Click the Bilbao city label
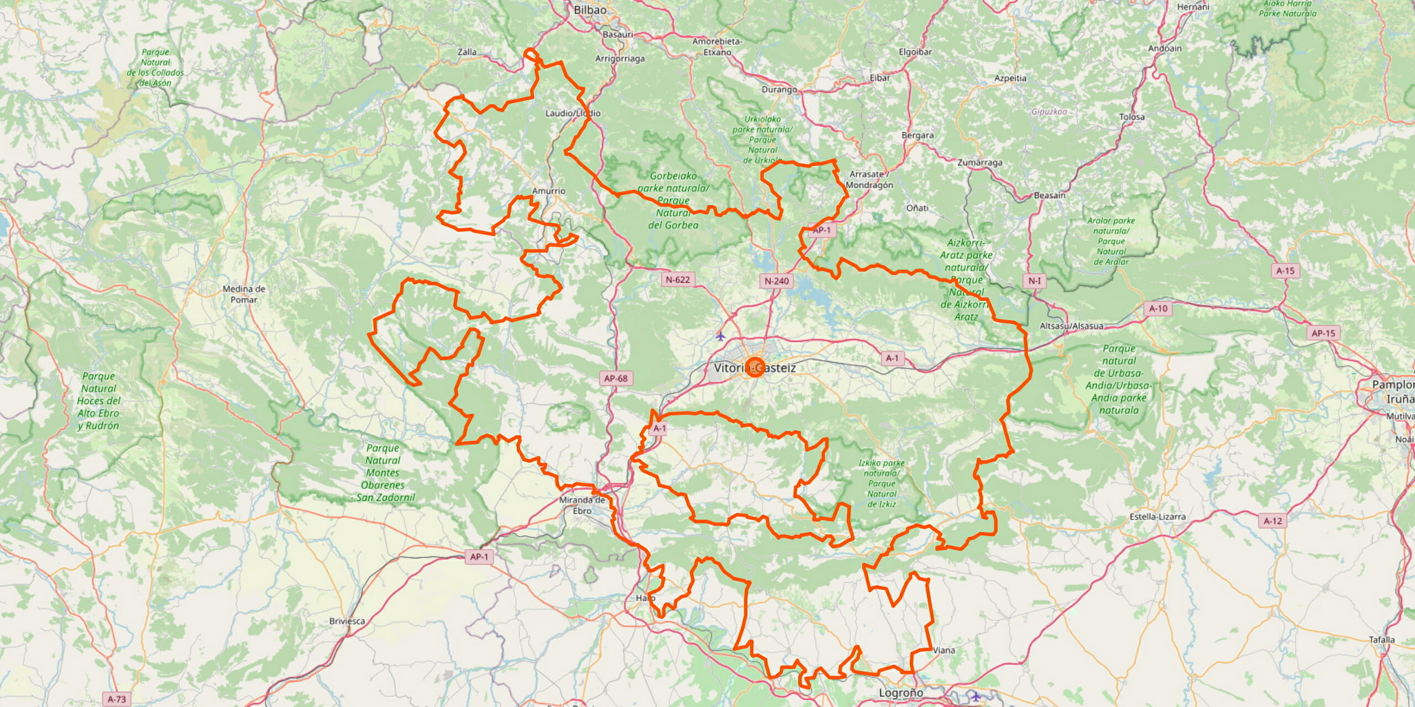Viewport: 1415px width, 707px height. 590,10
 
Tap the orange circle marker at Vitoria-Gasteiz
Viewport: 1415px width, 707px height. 755,367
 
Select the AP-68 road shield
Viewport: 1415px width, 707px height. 616,378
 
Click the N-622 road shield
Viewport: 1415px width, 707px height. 678,279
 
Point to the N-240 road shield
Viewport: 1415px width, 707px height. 777,281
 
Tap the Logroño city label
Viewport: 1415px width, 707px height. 901,693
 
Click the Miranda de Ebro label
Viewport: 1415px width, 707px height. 582,505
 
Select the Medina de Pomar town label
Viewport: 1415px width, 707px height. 244,294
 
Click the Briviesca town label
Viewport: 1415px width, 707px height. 347,621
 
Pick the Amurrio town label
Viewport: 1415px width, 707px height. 549,191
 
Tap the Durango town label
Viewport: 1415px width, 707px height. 779,89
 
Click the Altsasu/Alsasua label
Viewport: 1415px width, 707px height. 1071,326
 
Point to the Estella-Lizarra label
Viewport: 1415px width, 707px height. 1157,516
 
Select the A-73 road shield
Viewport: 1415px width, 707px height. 117,699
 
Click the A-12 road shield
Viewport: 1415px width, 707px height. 1273,520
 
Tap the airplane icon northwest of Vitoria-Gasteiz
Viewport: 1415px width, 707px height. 720,335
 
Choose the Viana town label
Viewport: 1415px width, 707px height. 944,650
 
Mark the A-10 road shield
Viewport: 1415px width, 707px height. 1158,308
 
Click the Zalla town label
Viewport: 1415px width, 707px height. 467,52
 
